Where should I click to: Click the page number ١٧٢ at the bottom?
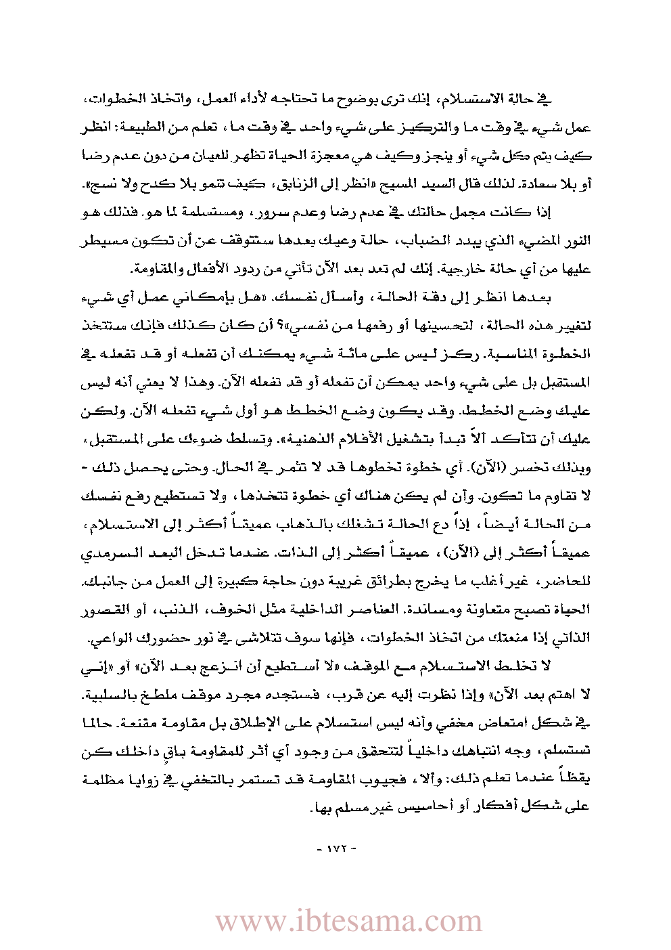pyautogui.click(x=336, y=848)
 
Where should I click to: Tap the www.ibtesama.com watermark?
pyautogui.click(x=348, y=922)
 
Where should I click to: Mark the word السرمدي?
pyautogui.click(x=111, y=553)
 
